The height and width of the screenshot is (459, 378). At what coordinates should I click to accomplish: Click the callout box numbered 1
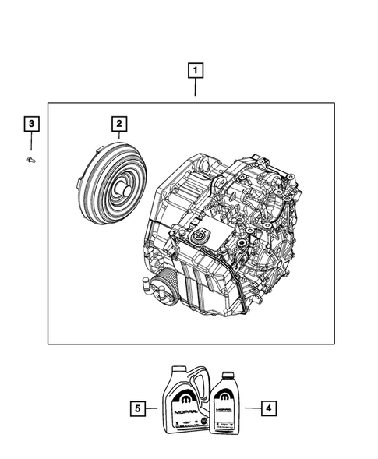point(195,72)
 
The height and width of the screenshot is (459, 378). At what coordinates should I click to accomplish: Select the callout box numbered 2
point(118,123)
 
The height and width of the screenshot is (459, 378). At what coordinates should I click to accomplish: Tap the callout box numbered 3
point(31,123)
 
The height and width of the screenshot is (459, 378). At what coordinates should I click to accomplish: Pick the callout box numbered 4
point(267,406)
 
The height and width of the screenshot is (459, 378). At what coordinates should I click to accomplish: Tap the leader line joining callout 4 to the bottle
point(249,406)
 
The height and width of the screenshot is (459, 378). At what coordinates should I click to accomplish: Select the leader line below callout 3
point(31,143)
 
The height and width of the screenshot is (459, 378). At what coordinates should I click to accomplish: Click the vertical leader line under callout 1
point(195,90)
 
